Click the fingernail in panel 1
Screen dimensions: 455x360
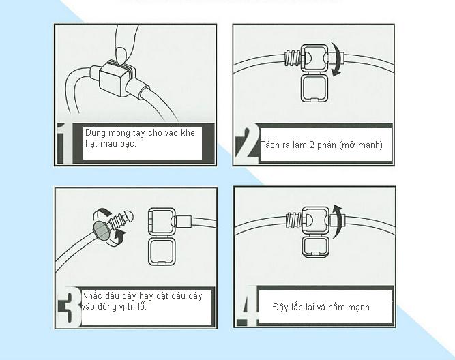coord(122,55)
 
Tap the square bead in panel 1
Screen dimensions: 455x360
coord(114,78)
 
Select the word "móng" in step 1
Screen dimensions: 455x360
coord(119,133)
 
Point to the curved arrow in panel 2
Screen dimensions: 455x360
coord(336,59)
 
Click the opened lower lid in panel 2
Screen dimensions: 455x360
coord(314,88)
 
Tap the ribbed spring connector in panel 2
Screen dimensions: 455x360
coord(292,59)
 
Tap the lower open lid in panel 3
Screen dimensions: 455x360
coord(162,251)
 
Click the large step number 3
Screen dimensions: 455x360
coord(69,307)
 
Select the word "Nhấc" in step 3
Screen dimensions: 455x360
coord(92,296)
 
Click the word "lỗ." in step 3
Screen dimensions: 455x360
coord(142,306)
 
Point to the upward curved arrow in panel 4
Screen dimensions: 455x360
coord(337,221)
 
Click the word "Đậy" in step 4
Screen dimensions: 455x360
coord(280,307)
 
